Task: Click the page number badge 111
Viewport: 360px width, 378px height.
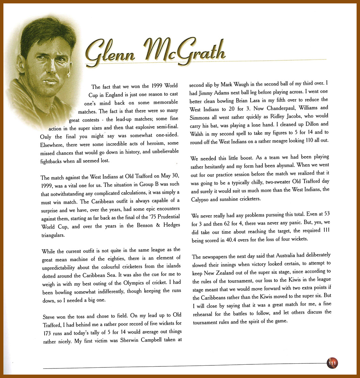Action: tap(332, 363)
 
